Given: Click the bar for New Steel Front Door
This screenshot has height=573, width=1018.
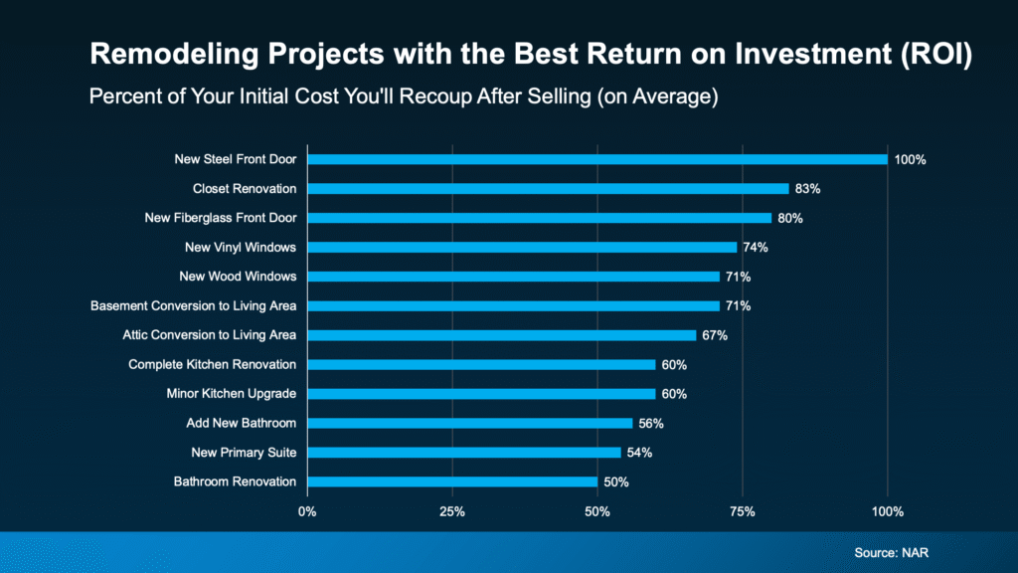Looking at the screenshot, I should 596,159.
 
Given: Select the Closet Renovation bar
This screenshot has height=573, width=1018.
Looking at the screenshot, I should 548,188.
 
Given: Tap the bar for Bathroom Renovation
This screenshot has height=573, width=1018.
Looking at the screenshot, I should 451,481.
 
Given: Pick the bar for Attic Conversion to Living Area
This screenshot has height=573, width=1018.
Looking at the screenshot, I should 501,335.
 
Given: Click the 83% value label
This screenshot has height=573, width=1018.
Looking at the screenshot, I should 808,188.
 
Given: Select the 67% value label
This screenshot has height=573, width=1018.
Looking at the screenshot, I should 715,335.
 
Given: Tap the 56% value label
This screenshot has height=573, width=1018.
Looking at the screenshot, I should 651,423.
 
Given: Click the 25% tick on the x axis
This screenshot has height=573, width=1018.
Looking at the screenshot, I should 452,511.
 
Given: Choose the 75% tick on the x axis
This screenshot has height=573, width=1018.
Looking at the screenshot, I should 743,511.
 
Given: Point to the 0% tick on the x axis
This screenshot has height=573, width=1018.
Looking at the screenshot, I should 307,511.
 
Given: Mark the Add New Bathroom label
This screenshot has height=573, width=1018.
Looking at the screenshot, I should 242,423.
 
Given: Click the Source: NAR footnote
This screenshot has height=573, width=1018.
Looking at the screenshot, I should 893,551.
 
